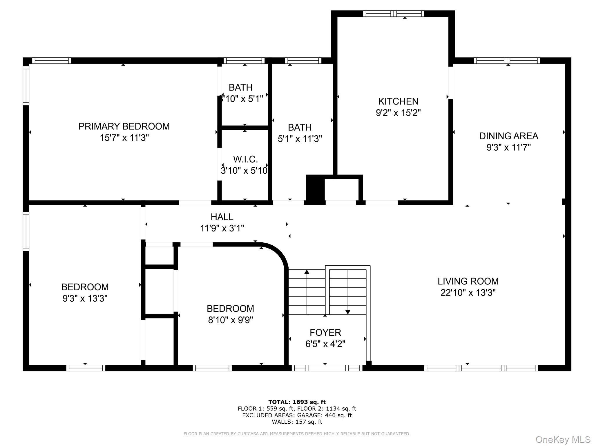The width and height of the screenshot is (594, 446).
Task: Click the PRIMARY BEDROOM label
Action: [x=124, y=126]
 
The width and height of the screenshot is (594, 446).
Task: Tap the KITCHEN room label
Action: [x=398, y=101]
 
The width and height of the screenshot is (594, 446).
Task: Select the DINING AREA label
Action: [x=508, y=136]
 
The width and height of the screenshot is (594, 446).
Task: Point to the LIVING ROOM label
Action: [x=468, y=281]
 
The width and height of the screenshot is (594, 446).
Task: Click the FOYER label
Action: [x=325, y=332]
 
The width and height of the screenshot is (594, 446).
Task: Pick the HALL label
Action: [x=222, y=217]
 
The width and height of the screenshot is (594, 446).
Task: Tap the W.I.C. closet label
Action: [x=245, y=159]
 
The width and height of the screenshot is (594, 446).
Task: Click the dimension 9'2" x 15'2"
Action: [x=398, y=113]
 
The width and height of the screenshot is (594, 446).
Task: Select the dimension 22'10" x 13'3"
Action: [x=468, y=292]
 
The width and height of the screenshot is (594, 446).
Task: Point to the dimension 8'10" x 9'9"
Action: [x=230, y=320]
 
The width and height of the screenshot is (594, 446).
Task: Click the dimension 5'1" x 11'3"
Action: [x=300, y=139]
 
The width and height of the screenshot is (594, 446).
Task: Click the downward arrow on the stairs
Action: [x=348, y=312]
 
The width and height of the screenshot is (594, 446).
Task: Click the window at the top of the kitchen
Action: [x=394, y=13]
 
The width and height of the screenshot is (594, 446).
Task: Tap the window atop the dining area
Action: [x=507, y=60]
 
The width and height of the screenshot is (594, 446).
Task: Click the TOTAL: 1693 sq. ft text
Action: [x=297, y=402]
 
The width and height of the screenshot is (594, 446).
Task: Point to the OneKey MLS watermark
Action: [x=563, y=439]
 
